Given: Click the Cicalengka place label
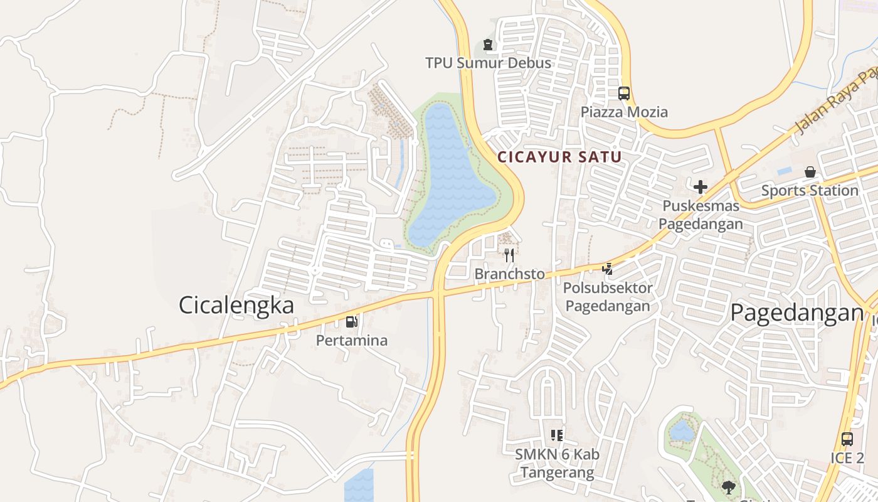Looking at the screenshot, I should coord(236,306).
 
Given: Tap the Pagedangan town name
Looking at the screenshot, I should coord(797,312).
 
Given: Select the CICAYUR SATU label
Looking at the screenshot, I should coord(559,158).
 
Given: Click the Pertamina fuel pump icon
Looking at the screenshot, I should coord(352,322).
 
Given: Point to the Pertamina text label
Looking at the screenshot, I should coord(352,341).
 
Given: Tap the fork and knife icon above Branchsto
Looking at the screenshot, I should coord(509,255).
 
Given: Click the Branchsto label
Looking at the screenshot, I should coord(509,274).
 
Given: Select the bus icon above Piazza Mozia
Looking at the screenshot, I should coord(624,93).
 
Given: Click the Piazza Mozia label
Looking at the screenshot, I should coord(624,112).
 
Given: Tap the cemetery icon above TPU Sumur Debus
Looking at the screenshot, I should coord(488,45).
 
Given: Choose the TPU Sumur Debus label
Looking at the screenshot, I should coord(489,63).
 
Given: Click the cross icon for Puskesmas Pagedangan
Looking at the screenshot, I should coord(701,186).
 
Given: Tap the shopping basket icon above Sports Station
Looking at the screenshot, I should coord(810,171).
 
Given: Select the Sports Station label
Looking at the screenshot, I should coord(810,190).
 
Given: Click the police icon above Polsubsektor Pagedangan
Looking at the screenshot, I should coord(607,269).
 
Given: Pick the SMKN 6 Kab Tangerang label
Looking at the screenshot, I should coord(557,463).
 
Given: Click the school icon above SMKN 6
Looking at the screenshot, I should coord(557,435).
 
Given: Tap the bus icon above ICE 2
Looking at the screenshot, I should coord(847,439).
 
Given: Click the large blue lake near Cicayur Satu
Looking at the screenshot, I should coord(450,176).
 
